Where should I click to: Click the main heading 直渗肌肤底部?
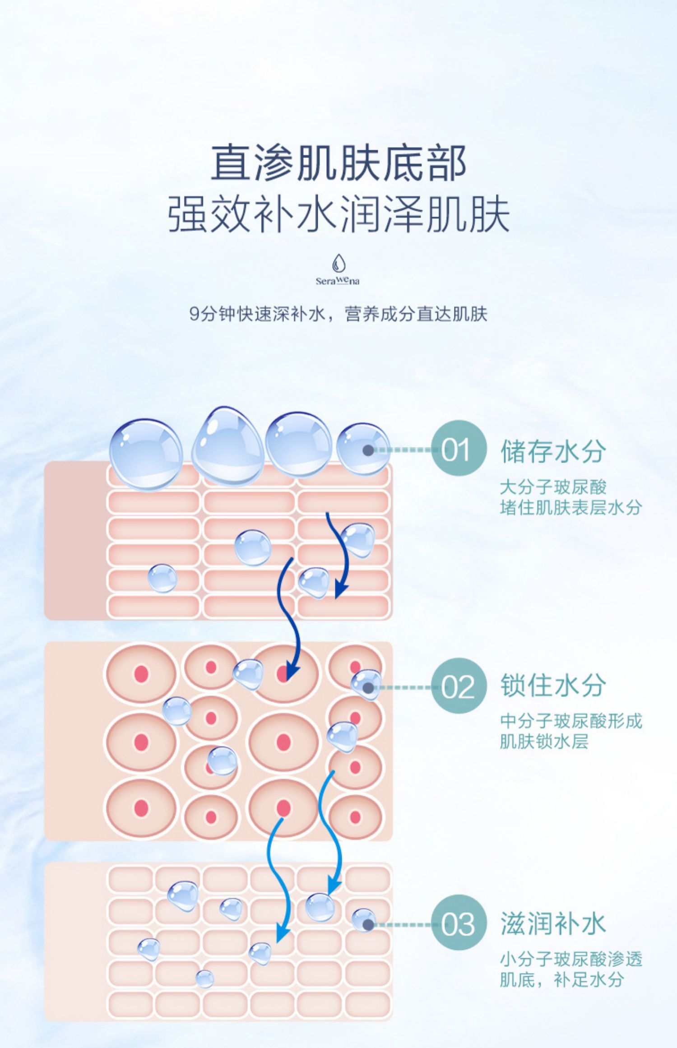coord(338,163)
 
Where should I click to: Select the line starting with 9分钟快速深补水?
coord(338,314)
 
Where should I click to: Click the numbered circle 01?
coord(458,450)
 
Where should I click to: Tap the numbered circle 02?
coord(458,687)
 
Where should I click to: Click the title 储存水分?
coord(552,451)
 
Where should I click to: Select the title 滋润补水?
coord(552,923)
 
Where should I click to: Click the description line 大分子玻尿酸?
coord(552,487)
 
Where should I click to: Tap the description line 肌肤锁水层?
coord(544,742)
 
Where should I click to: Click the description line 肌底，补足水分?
coord(561,979)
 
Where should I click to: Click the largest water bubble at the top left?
coord(146,454)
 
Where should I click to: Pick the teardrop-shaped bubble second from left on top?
coord(227,445)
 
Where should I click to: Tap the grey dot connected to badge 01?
coord(368,450)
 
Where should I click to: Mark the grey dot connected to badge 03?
coord(368,924)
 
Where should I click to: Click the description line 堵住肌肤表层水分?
coord(570,508)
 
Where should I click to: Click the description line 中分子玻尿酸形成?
coord(570,721)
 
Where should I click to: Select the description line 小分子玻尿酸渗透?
coord(570,959)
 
